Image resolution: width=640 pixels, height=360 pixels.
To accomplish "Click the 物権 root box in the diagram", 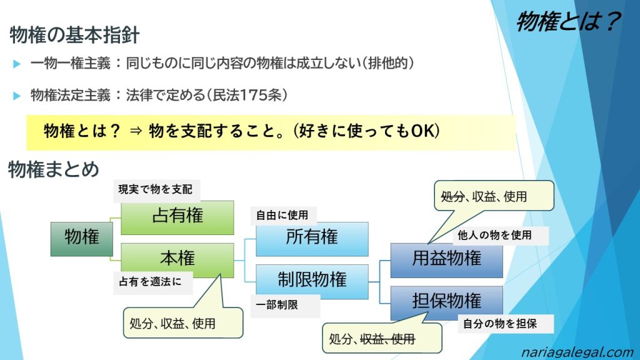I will (x=81, y=238).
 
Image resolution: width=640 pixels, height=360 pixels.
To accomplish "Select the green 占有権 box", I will (x=177, y=217).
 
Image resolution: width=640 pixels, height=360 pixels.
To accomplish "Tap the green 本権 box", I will (x=177, y=259).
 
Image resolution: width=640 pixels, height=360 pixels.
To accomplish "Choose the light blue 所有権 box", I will (x=312, y=238).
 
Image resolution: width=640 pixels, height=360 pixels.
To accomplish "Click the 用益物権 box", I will (x=446, y=259).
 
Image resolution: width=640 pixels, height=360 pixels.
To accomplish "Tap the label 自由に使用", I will (x=282, y=215).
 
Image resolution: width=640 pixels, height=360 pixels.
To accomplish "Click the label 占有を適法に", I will (x=151, y=282).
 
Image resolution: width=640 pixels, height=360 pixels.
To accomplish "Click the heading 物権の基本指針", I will (x=74, y=35).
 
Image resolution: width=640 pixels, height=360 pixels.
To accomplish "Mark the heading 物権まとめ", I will (x=54, y=169).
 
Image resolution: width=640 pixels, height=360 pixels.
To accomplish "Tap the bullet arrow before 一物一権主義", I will (x=17, y=64).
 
